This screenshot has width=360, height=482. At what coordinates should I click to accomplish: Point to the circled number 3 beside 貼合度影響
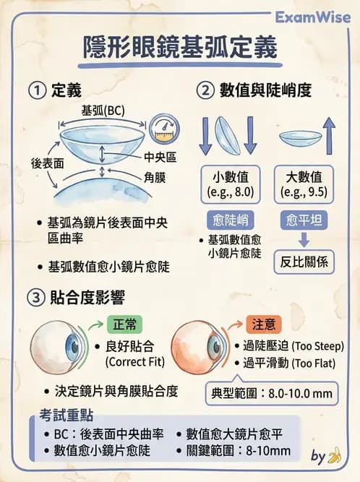(37, 297)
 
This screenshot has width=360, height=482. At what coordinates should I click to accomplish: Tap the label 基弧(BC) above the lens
(103, 111)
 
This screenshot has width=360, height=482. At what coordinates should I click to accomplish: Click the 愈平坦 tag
(304, 220)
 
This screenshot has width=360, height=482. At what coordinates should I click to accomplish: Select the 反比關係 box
(304, 262)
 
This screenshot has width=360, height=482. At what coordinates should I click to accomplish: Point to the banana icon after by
(333, 456)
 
